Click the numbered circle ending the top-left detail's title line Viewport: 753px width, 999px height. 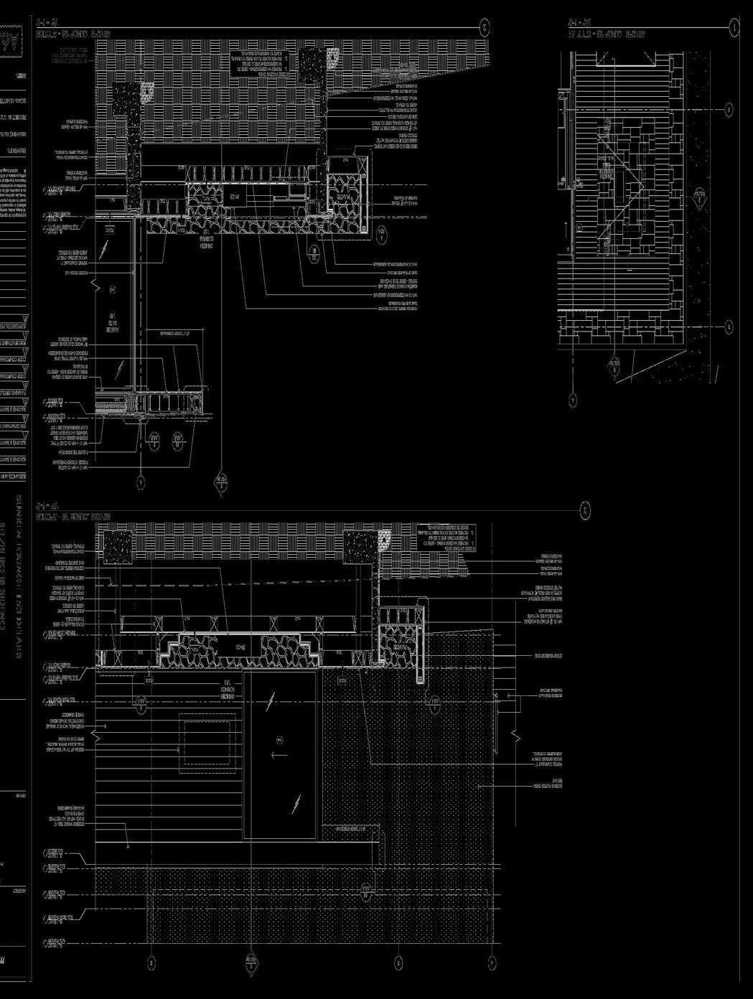pyautogui.click(x=485, y=27)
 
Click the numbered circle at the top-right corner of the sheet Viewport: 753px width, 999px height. pyautogui.click(x=734, y=27)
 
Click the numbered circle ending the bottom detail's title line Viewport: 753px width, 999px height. pyautogui.click(x=586, y=510)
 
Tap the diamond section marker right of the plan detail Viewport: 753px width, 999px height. pyautogui.click(x=699, y=195)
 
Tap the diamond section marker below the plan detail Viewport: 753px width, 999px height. pyautogui.click(x=614, y=366)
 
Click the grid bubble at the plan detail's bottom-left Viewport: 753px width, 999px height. pyautogui.click(x=573, y=400)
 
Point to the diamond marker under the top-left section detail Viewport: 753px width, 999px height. pyautogui.click(x=221, y=482)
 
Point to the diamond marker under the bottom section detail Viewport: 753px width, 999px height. pyautogui.click(x=251, y=962)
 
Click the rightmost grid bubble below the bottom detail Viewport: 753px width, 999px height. pyautogui.click(x=492, y=962)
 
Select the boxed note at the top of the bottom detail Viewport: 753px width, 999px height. pyautogui.click(x=446, y=538)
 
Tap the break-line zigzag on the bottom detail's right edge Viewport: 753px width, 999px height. pyautogui.click(x=514, y=736)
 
